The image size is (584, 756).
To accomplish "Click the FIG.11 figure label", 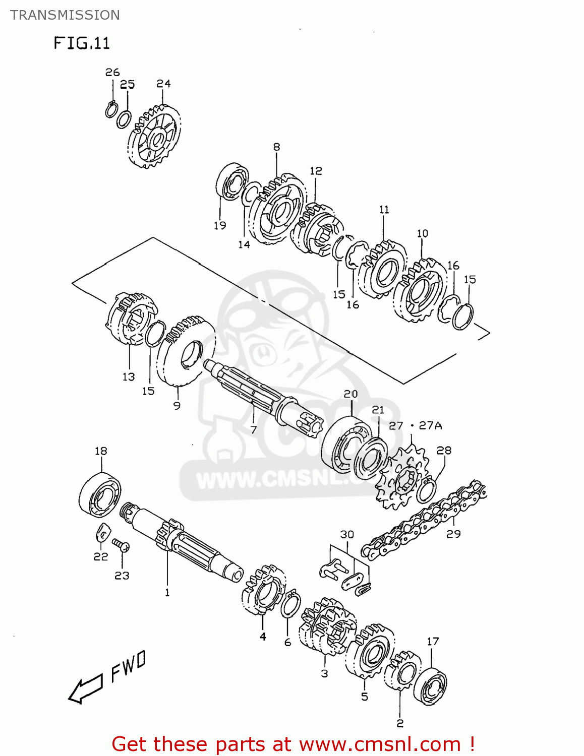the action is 82,43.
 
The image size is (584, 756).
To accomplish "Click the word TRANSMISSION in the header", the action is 65,15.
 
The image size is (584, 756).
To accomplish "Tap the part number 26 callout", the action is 112,73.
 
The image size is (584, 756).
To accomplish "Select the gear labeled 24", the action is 154,136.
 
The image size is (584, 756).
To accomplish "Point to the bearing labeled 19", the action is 232,181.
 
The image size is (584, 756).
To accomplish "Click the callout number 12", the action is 316,171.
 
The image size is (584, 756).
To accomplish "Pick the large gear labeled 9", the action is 186,353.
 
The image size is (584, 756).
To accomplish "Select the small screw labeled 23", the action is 121,546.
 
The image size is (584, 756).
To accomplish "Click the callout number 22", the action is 101,556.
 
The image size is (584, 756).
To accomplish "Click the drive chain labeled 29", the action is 424,519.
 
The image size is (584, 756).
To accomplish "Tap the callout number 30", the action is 347,534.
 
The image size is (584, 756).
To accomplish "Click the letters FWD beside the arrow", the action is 128,666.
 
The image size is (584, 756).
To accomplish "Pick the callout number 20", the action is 351,394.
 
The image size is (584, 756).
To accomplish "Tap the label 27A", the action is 430,425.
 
